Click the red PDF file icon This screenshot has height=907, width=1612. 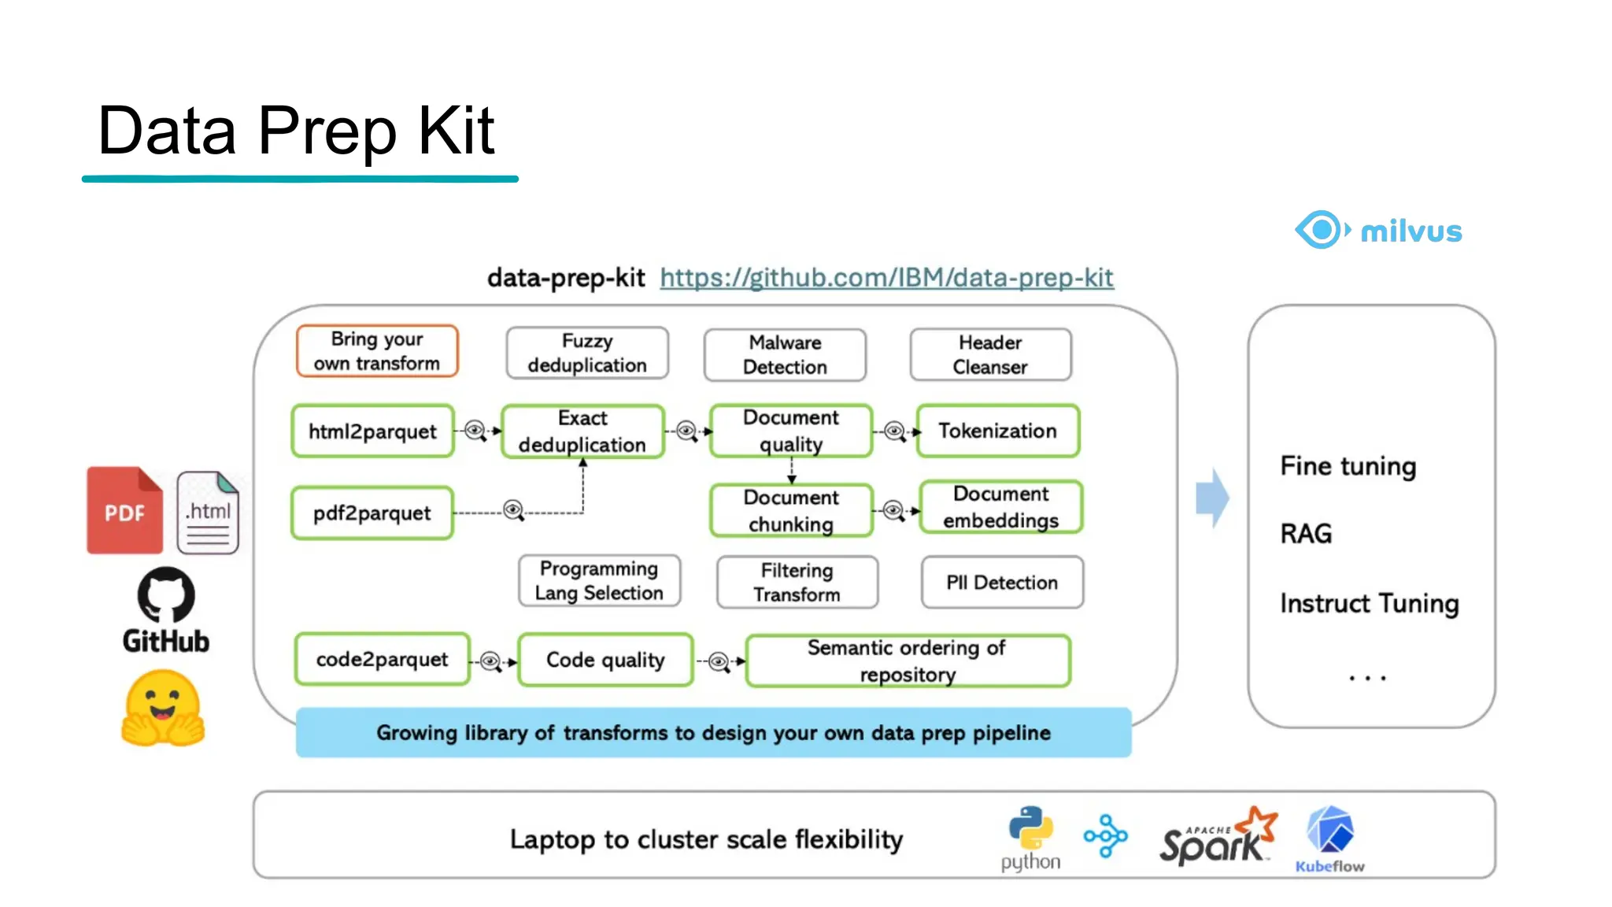tap(124, 510)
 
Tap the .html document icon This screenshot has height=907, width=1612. tap(208, 513)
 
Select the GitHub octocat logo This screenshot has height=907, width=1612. tap(166, 596)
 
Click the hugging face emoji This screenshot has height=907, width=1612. tap(163, 708)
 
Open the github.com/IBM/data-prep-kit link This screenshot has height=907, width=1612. tap(886, 277)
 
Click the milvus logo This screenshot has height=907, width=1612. tap(1378, 230)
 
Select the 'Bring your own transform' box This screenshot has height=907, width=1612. tap(377, 351)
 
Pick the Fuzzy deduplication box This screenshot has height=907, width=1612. tap(587, 354)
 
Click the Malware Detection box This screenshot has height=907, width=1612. tap(785, 355)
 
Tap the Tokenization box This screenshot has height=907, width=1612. tap(997, 431)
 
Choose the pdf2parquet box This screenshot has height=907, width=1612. tap(372, 513)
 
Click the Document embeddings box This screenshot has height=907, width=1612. tap(1000, 508)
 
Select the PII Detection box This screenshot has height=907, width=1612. tap(1001, 583)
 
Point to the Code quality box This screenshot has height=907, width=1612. tap(605, 660)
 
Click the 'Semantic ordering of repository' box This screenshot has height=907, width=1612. tap(907, 661)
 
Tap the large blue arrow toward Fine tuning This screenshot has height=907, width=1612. tap(1212, 498)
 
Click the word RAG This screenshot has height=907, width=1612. tap(1306, 534)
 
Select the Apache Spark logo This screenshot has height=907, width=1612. tap(1217, 836)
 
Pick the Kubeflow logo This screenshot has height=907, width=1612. tap(1330, 839)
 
